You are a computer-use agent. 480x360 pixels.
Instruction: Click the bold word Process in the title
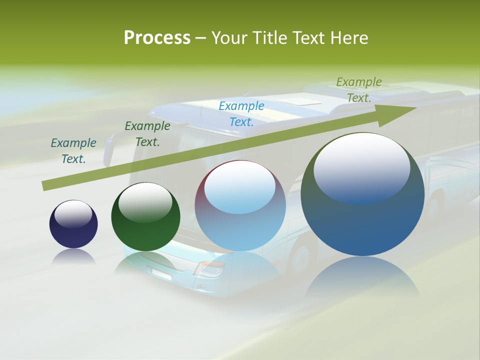157,38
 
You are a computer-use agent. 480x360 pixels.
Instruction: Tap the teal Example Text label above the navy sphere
73,150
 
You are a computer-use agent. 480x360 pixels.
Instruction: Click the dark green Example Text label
147,133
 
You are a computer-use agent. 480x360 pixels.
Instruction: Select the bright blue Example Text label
241,113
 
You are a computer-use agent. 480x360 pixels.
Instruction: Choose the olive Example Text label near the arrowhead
359,89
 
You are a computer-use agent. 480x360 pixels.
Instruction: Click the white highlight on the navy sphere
73,214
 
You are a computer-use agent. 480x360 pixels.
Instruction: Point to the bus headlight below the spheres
209,269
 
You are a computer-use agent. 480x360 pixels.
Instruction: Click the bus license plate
161,273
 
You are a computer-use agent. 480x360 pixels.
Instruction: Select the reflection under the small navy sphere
73,256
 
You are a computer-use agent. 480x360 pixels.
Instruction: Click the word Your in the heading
229,38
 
